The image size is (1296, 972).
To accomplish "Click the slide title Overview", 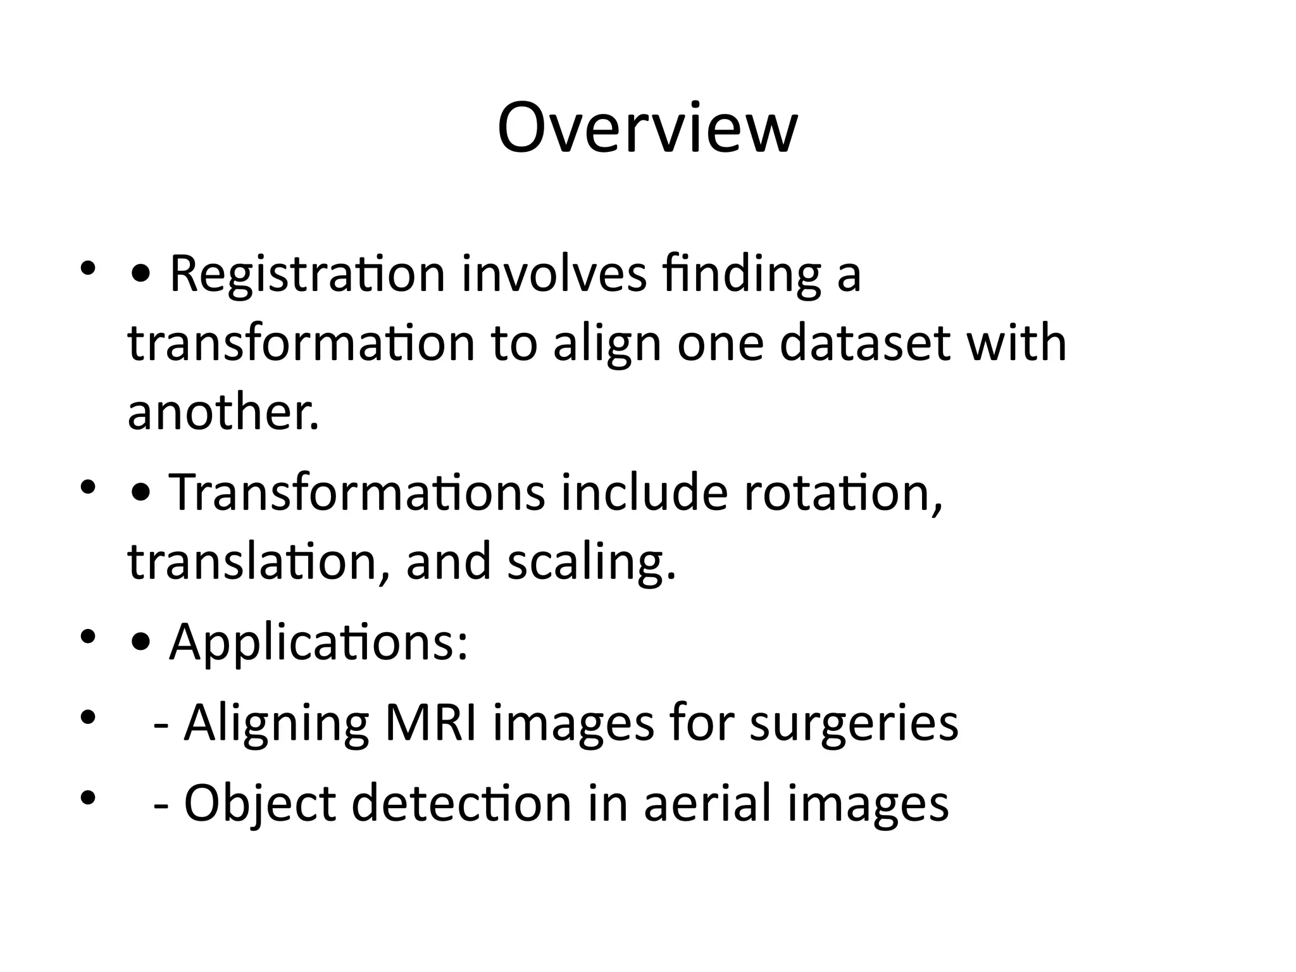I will click(x=647, y=128).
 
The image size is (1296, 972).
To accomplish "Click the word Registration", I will click(x=308, y=275).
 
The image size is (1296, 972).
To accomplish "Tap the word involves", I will click(x=554, y=275).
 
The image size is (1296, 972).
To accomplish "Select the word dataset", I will click(x=865, y=343).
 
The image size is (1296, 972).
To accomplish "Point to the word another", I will click(x=223, y=413).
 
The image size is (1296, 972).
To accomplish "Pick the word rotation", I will click(x=842, y=494).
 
